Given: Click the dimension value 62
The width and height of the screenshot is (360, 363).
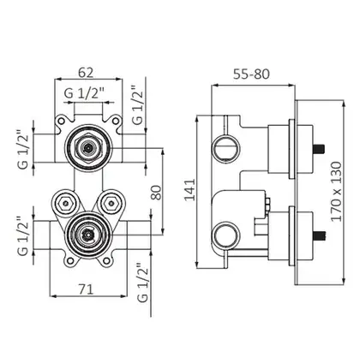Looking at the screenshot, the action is click(x=86, y=73).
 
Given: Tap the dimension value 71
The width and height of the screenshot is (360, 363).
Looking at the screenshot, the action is click(x=86, y=289).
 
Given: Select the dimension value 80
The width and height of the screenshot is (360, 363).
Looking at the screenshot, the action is click(x=156, y=193).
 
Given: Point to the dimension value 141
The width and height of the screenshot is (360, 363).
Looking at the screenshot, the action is click(x=189, y=190).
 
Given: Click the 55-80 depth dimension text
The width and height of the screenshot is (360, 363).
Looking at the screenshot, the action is click(x=251, y=74).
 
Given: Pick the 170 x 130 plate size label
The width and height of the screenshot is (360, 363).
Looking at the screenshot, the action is click(x=336, y=192).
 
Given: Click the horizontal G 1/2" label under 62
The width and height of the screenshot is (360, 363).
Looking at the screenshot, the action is click(x=85, y=93).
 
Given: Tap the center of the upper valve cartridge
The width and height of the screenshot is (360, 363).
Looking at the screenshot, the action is click(x=87, y=148).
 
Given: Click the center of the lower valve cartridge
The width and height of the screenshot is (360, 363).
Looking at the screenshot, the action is click(x=87, y=235).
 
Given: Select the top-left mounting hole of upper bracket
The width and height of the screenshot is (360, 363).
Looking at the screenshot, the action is click(x=61, y=121).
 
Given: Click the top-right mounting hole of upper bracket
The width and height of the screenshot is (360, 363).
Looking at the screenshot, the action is click(x=116, y=121).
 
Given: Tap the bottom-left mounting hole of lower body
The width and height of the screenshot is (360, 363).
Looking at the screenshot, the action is click(x=70, y=260).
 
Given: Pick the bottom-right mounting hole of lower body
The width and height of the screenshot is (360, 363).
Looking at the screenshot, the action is click(x=106, y=260).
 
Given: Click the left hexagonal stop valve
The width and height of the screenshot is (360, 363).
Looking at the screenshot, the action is click(x=66, y=204).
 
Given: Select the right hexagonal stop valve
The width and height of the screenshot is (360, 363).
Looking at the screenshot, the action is click(x=111, y=204).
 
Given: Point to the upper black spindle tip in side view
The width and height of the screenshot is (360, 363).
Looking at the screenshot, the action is click(x=319, y=149).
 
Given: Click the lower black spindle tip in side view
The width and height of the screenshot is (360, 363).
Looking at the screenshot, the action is click(x=319, y=235).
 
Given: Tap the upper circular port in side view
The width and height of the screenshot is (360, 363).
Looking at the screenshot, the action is click(x=226, y=147).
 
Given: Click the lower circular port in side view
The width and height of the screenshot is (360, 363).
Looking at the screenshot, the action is click(x=226, y=235).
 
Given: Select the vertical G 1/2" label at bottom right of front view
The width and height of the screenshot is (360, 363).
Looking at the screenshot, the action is click(x=143, y=283).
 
